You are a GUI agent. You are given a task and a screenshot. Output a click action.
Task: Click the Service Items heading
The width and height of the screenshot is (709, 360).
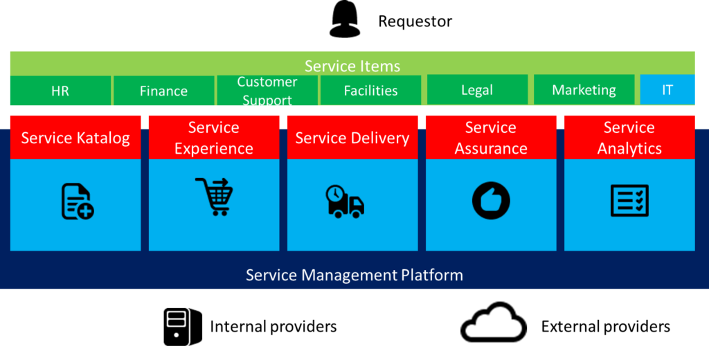click(x=352, y=66)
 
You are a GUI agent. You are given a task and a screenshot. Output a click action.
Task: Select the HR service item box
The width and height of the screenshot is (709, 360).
click(x=60, y=91)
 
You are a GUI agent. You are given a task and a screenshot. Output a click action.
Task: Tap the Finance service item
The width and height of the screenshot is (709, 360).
click(x=163, y=91)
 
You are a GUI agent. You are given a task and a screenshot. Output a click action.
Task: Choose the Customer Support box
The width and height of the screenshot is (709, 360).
click(x=267, y=91)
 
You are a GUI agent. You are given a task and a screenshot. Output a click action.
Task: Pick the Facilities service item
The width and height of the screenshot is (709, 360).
click(x=370, y=91)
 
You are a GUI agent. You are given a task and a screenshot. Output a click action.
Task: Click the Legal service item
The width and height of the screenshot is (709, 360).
click(x=477, y=90)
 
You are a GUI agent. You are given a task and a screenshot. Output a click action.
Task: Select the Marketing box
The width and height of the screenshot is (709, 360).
click(x=584, y=90)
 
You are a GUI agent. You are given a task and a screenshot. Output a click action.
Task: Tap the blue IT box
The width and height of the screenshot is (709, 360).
click(x=667, y=90)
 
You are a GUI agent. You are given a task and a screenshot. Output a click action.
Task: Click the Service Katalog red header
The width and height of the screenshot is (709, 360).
click(x=75, y=138)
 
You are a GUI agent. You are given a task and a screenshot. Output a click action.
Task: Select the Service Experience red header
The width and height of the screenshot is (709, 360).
click(x=214, y=138)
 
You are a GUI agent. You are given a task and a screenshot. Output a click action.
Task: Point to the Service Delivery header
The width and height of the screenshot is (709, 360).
click(x=352, y=138)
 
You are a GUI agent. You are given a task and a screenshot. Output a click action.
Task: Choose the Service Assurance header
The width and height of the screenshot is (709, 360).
click(x=491, y=138)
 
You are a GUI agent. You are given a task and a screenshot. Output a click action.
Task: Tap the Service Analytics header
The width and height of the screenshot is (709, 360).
click(x=629, y=138)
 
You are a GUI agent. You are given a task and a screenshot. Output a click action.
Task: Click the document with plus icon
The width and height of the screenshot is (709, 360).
click(x=77, y=201)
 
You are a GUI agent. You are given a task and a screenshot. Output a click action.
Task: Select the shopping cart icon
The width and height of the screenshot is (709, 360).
click(x=215, y=197)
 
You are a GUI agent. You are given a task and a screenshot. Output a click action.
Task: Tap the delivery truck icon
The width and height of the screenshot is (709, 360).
click(x=345, y=201)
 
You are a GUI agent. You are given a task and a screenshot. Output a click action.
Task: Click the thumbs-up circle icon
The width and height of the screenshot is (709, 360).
click(x=491, y=201)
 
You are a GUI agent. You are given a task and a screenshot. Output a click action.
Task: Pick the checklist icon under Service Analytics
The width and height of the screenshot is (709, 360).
click(x=629, y=201)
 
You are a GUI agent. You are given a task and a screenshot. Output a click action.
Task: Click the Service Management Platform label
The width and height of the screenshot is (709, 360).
click(x=354, y=275)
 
